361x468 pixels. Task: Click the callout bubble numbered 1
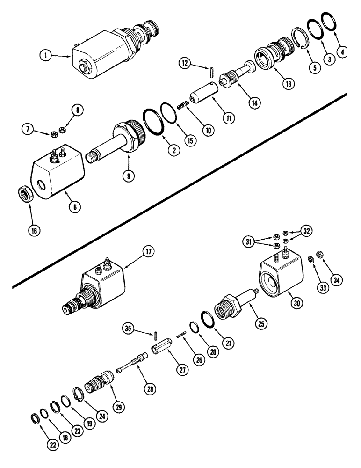[46, 56]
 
